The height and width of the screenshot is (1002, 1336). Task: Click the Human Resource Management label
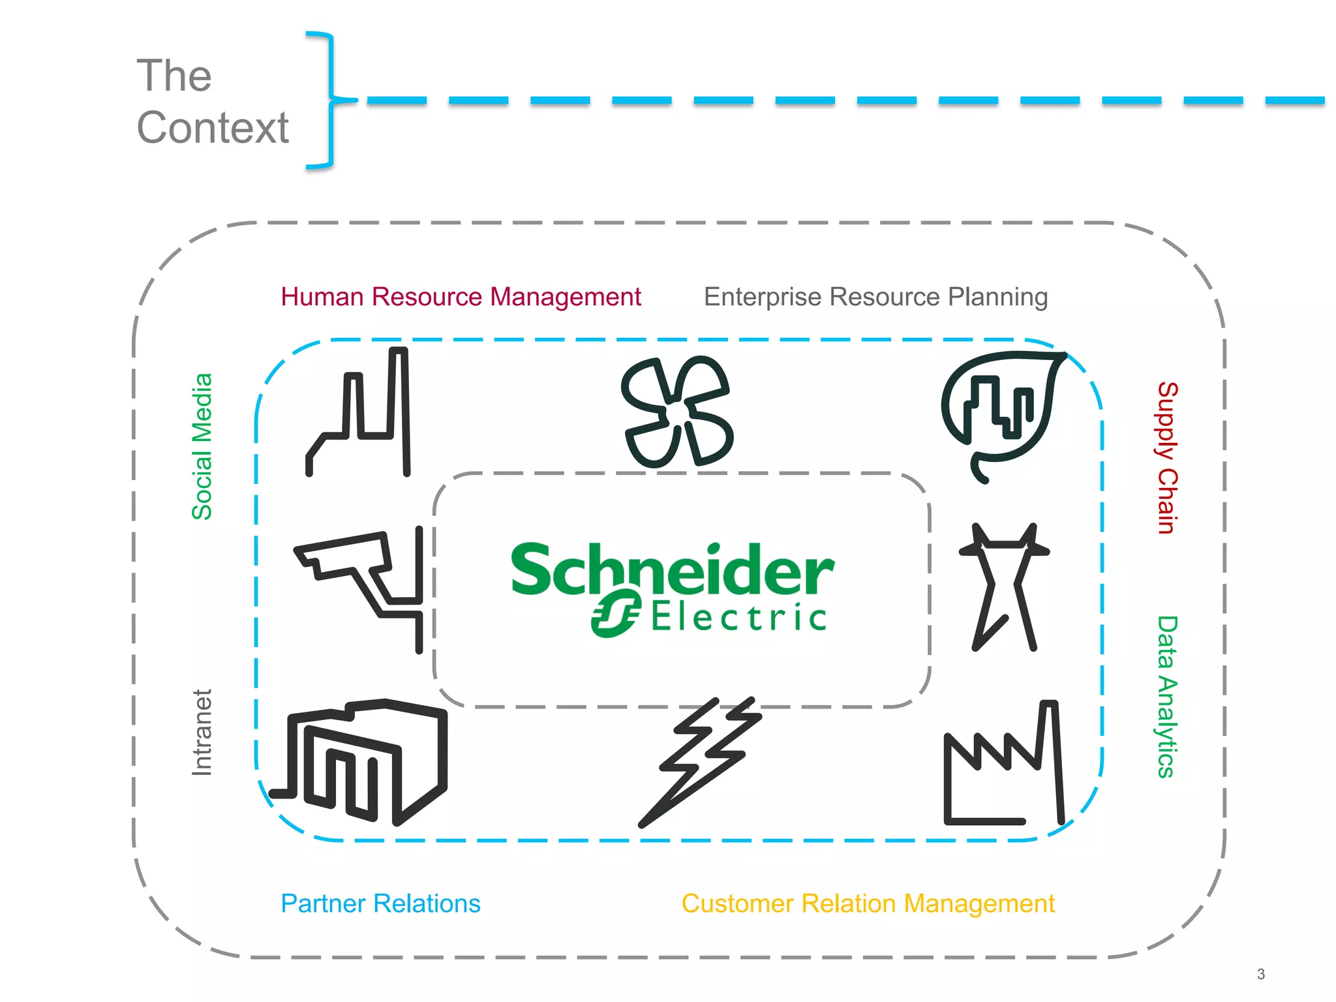point(461,297)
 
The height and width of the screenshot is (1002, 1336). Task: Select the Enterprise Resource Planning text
point(875,297)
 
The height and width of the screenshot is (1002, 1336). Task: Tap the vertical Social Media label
point(202,446)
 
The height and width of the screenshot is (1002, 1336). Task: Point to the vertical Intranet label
point(202,733)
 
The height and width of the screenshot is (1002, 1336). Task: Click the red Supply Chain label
point(1167,458)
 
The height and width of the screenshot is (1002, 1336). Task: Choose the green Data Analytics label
point(1167,697)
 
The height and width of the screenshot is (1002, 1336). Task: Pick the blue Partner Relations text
point(380,903)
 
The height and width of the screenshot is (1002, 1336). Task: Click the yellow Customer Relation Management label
point(868,903)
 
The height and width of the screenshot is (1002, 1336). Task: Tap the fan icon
point(677,412)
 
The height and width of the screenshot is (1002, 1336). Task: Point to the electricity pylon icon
point(1004,587)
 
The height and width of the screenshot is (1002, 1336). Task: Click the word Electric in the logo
point(738,616)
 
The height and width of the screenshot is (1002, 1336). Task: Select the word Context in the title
point(212,127)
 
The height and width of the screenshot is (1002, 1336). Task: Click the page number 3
point(1260,974)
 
